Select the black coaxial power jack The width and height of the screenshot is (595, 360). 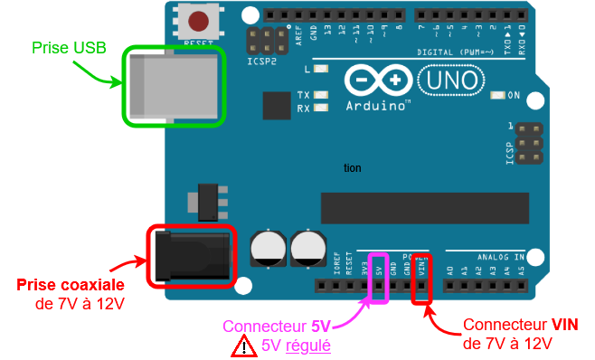pos(189,255)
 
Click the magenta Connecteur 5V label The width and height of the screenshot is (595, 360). pos(277,327)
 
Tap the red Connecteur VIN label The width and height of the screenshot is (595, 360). pos(522,325)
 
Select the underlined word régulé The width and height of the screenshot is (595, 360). pos(308,346)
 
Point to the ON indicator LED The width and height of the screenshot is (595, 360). pos(496,96)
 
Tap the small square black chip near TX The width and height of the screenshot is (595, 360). pos(277,106)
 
